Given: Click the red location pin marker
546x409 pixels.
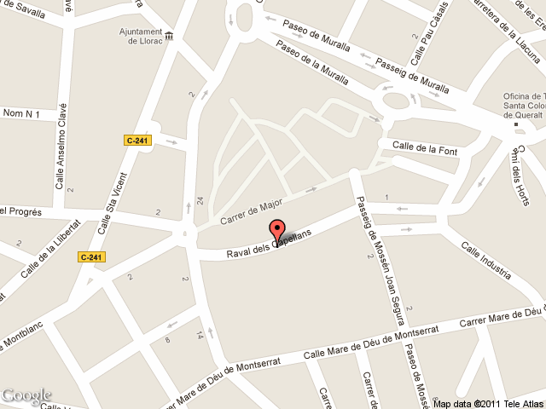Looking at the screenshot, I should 276,231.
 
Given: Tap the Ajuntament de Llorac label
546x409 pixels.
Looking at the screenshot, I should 133,35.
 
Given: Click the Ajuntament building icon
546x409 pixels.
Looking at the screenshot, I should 167,35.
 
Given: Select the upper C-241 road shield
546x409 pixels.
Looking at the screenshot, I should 137,141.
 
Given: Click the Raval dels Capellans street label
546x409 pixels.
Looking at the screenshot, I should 276,245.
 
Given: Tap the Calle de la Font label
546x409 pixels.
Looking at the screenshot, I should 426,149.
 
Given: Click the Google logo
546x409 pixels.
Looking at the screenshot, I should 26,395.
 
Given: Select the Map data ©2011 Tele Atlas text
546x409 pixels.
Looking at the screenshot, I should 487,403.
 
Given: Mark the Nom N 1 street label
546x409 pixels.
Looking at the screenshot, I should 22,112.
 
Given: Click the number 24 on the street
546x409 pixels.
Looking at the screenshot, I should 200,201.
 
